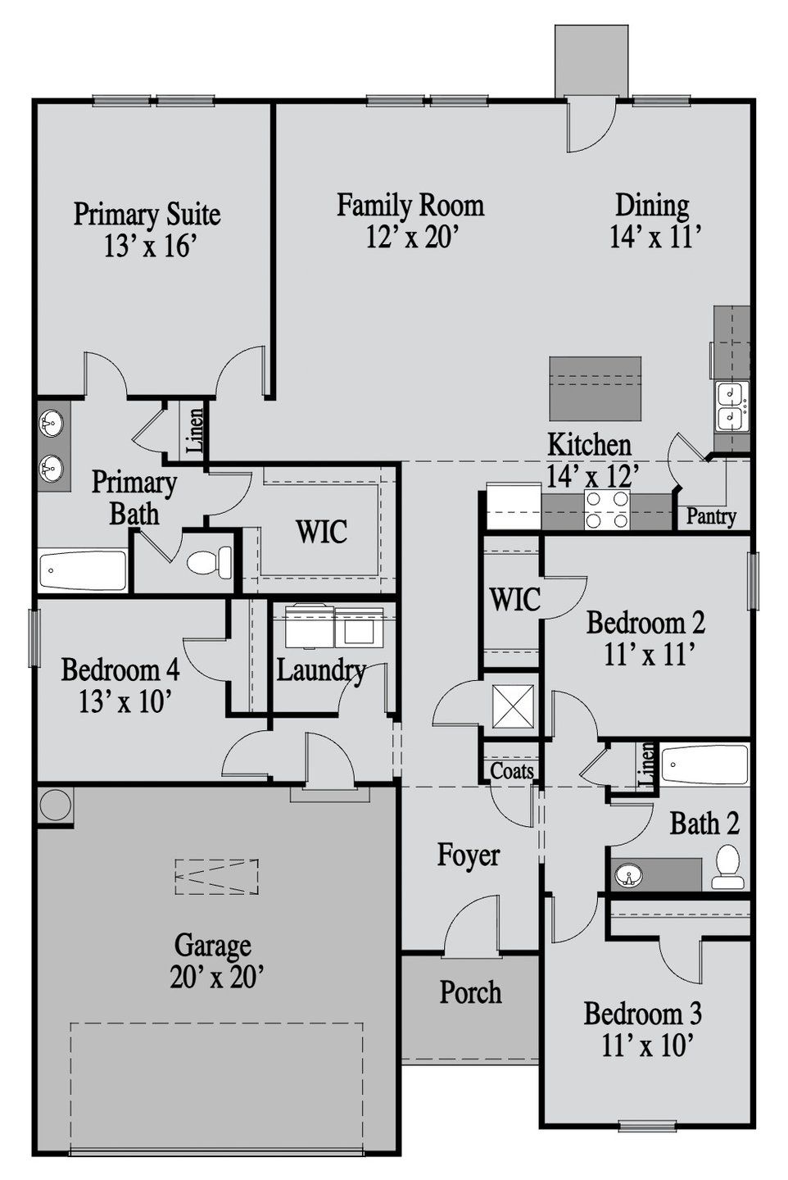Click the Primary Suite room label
tap(147, 214)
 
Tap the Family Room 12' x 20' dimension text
tap(410, 237)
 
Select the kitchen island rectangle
tap(595, 388)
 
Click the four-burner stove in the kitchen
tap(606, 509)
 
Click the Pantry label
tap(710, 516)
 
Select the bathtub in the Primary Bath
tap(83, 570)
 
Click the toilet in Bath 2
tap(727, 868)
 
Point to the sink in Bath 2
tap(629, 876)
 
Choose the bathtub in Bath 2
tap(704, 765)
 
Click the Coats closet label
tap(512, 770)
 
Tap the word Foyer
tap(469, 855)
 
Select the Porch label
tap(470, 992)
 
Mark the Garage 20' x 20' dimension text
tap(215, 977)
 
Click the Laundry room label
tap(320, 669)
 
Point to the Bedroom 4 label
tap(120, 669)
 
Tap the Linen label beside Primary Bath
tap(195, 432)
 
